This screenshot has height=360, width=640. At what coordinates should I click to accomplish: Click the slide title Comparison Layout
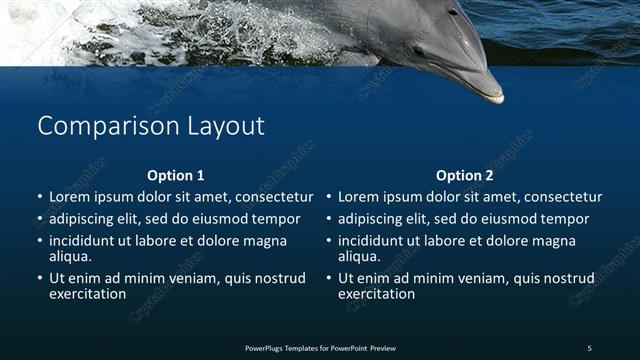point(151,126)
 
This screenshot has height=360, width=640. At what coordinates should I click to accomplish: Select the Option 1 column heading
point(175,175)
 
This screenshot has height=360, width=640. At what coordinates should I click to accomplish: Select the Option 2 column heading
point(465,175)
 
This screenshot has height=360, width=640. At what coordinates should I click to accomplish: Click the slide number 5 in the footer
point(589,347)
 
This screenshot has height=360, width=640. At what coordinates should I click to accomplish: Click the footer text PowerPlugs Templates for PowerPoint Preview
point(320,347)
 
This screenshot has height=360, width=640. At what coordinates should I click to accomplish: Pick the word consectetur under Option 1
point(273,197)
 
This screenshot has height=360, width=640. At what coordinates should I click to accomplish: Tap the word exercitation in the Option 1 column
point(88,294)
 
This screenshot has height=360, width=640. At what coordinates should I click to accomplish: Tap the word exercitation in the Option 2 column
point(377,294)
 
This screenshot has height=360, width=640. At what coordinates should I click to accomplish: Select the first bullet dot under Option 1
point(39,198)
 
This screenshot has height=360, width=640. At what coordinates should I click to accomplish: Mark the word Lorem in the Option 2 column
point(360,197)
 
